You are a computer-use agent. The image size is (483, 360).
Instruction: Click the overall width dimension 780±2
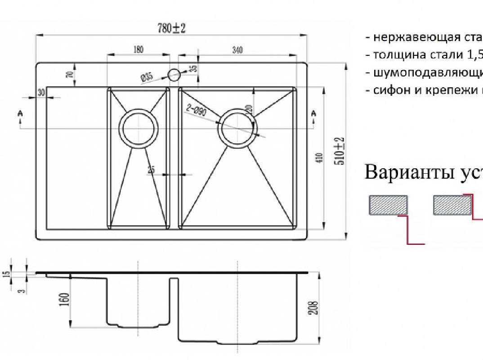coord(171,28)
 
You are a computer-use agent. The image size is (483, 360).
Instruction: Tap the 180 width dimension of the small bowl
coord(139,50)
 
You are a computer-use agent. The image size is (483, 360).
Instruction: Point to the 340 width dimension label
coord(237,50)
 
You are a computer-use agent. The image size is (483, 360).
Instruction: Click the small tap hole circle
coord(174,74)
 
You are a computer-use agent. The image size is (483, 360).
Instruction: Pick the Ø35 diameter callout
coord(147,77)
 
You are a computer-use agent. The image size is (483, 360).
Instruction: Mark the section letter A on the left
coord(20,114)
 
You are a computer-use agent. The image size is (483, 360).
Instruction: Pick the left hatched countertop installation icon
coord(388,205)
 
